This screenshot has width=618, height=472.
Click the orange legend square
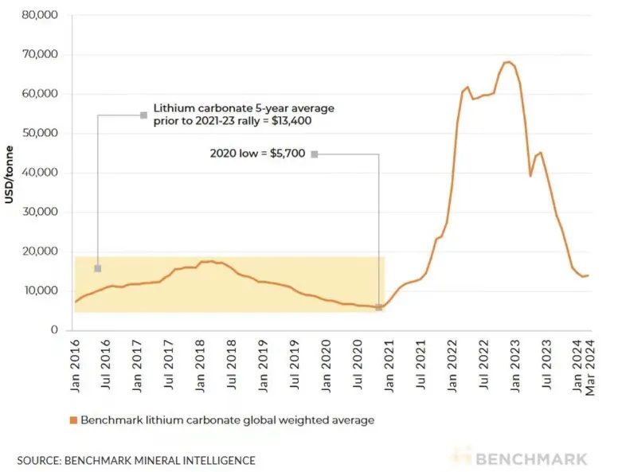(72, 419)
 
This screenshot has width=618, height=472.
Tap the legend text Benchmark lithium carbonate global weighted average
(226, 419)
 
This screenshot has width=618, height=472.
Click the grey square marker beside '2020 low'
(315, 154)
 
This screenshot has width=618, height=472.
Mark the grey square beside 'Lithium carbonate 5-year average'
(143, 115)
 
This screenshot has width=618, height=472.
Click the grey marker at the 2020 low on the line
(378, 307)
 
